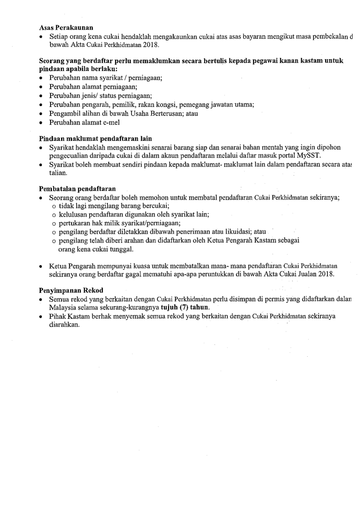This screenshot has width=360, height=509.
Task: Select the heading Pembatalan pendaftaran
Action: [77, 189]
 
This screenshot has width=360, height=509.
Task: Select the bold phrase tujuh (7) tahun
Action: [185, 307]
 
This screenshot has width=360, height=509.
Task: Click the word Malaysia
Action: [63, 307]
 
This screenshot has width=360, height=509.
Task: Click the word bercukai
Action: [154, 206]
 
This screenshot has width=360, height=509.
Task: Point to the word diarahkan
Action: [64, 325]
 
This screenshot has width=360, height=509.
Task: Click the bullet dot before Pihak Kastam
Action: [40, 316]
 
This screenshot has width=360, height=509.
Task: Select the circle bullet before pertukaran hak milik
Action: [54, 223]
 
